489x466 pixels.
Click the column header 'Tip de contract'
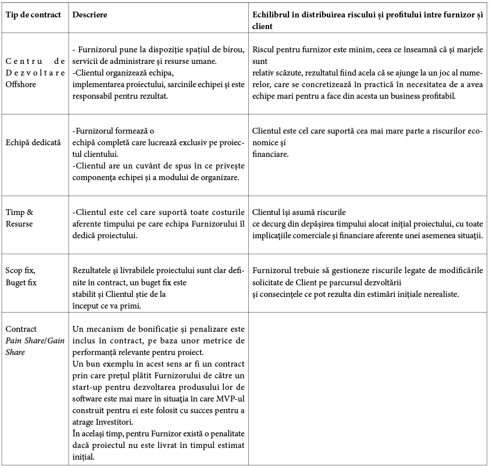click(33, 14)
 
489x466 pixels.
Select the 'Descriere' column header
click(90, 14)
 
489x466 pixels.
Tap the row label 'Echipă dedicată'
click(33, 141)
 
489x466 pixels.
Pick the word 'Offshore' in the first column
click(21, 84)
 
